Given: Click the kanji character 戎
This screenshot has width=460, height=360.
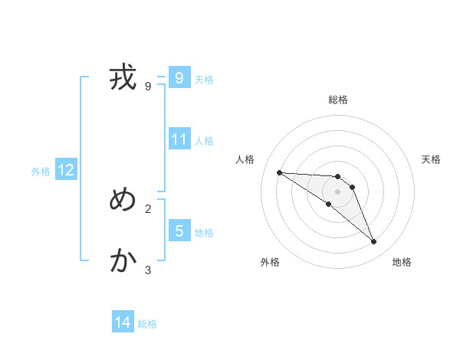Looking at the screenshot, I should point(123,78).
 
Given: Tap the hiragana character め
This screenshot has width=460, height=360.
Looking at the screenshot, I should point(123,201).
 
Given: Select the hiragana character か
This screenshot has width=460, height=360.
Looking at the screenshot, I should point(123,262).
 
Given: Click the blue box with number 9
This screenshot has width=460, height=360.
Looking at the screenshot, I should point(179,78).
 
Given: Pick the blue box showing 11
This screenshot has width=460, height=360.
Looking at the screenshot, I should point(179,139).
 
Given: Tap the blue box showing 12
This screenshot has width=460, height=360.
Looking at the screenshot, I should point(66,171).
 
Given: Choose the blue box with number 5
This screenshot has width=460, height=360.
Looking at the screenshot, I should point(179,231).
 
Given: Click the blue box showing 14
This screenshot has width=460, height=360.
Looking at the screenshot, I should point(123,323).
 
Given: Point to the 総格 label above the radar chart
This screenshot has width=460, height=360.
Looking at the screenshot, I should point(338,100).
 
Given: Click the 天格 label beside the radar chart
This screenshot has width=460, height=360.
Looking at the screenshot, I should point(431,159).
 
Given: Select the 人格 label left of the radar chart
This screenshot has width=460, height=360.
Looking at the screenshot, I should point(245,159).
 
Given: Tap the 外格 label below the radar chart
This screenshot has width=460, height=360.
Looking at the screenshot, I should point(269,262).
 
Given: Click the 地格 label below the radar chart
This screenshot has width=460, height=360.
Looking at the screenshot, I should point(402,262).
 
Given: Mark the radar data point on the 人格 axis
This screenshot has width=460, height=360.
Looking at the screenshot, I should point(280,172).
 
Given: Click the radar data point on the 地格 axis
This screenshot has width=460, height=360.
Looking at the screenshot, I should point(373,242).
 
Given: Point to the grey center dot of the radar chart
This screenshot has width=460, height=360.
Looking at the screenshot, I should point(338,191).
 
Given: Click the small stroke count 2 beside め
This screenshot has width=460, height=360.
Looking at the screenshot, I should point(148,208).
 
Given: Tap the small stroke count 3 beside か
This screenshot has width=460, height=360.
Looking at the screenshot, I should point(148,270).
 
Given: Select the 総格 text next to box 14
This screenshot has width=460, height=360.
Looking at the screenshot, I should point(147,324).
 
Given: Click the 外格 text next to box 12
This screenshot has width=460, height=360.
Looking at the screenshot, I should point(41,172).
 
